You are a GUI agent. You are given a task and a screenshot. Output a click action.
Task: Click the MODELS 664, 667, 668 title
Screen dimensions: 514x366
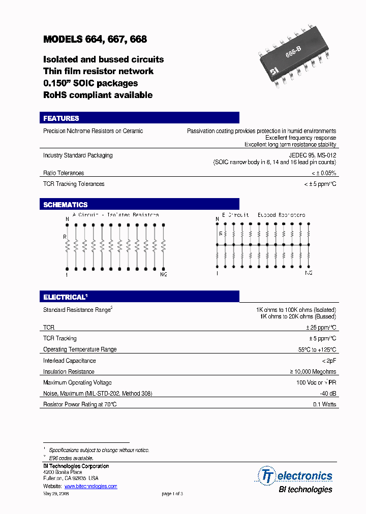[95, 39]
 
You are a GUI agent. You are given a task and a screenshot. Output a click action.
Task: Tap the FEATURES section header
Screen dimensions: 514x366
[61, 118]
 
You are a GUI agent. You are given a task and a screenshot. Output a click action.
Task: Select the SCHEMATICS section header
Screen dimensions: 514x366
[65, 205]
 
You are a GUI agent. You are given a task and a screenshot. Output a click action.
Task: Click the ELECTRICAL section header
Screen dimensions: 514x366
[64, 297]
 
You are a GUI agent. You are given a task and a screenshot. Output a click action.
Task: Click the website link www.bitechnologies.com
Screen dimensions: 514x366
[90, 486]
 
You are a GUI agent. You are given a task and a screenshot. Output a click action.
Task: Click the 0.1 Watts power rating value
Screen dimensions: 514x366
[324, 405]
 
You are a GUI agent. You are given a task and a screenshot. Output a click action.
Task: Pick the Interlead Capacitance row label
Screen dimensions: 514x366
[69, 361]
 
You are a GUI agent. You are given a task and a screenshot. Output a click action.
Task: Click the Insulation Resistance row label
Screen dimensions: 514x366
[69, 372]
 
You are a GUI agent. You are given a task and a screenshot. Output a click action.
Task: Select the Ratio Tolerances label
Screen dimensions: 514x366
[64, 173]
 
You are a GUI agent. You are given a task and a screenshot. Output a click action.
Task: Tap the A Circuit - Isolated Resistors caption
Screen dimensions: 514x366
[115, 215]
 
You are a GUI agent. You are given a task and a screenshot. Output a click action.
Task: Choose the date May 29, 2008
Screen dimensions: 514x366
[56, 494]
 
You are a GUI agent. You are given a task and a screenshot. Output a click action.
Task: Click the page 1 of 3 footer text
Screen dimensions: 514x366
[172, 494]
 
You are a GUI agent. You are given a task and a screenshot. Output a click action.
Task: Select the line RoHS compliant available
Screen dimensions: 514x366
[98, 95]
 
